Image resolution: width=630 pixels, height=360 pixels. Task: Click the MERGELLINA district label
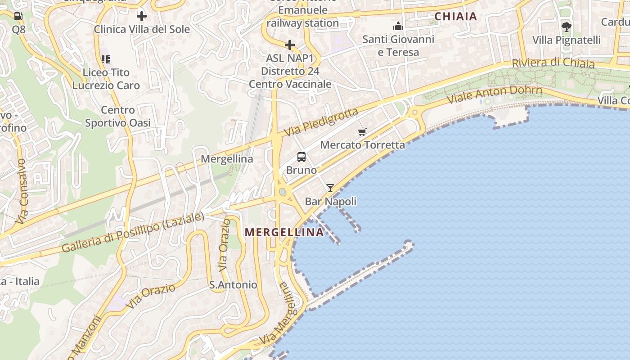pos(284,232)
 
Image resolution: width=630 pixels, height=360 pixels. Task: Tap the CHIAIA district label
pos(455,17)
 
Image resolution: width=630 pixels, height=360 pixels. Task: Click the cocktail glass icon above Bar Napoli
pos(330,188)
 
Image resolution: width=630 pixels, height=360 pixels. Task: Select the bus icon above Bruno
pos(301,157)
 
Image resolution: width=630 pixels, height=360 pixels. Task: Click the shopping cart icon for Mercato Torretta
pos(362,132)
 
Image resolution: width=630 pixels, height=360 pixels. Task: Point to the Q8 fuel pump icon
pos(18,16)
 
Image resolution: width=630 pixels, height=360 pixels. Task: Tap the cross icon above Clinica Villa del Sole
pos(142,17)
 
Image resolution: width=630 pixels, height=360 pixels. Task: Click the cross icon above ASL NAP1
pos(290,45)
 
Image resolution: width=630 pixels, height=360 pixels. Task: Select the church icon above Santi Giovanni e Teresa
pos(398,26)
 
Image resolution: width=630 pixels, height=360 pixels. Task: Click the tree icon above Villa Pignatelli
pos(566,27)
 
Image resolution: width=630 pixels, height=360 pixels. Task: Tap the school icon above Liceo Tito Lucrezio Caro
pos(106,59)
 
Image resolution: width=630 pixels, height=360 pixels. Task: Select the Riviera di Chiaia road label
pos(553,63)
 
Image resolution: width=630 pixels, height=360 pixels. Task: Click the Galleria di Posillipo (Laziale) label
pos(133,232)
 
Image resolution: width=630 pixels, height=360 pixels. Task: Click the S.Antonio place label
pos(233,285)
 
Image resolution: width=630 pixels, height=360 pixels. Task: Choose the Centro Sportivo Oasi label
pos(118,116)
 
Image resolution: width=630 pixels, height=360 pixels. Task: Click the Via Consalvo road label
pos(22,191)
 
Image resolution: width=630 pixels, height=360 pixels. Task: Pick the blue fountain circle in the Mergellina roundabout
pos(283,192)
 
